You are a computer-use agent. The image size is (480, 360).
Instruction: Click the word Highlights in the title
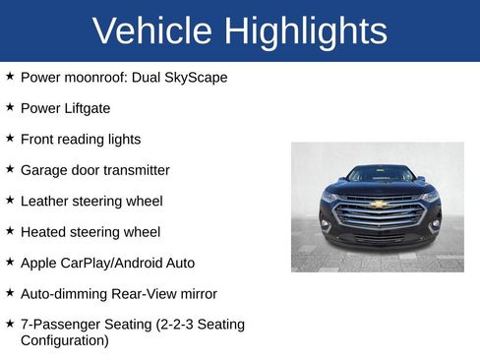click(x=306, y=31)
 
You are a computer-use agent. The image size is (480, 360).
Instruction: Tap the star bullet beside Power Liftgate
click(x=10, y=107)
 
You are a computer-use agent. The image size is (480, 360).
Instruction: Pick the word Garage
click(x=44, y=170)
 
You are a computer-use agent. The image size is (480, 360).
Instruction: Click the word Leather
click(x=46, y=201)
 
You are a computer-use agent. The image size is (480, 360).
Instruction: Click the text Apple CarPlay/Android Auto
click(x=107, y=263)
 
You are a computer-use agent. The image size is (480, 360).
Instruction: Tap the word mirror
click(x=197, y=293)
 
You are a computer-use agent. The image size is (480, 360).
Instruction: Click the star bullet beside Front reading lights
click(x=10, y=139)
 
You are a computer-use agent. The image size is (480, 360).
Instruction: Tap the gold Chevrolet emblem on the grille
click(x=378, y=205)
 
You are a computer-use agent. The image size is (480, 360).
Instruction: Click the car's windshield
click(x=379, y=175)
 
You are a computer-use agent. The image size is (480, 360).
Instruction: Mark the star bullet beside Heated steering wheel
click(x=10, y=232)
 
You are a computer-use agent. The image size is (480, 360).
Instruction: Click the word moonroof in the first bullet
click(x=96, y=76)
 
